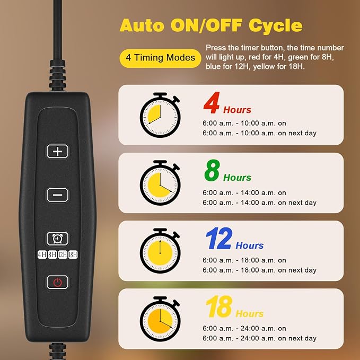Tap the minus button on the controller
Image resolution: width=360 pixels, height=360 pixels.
[x=57, y=195]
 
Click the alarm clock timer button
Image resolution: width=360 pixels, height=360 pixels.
[x=57, y=239]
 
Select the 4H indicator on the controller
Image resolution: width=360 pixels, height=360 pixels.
[x=42, y=254]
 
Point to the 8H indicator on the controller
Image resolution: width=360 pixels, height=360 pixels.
[x=52, y=254]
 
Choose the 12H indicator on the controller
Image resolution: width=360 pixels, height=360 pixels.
[x=63, y=254]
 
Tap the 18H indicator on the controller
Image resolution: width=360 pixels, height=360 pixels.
[x=73, y=254]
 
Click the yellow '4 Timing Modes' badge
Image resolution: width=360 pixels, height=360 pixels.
[x=160, y=58]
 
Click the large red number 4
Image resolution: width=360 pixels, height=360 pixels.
[x=212, y=103]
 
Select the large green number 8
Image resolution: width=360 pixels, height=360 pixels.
[x=212, y=170]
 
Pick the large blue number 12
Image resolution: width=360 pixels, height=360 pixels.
[x=219, y=238]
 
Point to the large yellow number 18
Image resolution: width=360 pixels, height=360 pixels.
[x=219, y=306]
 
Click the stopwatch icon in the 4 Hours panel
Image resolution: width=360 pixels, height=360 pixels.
[x=160, y=115]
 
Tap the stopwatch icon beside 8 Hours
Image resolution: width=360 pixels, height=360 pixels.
[x=160, y=183]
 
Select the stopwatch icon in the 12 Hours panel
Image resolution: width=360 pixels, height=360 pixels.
[x=160, y=251]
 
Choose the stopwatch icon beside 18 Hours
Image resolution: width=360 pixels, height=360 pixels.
[x=160, y=319]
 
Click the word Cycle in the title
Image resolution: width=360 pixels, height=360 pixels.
[x=276, y=26]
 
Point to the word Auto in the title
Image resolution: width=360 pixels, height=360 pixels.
[x=142, y=25]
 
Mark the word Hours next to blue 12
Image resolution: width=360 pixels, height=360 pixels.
[x=250, y=245]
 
